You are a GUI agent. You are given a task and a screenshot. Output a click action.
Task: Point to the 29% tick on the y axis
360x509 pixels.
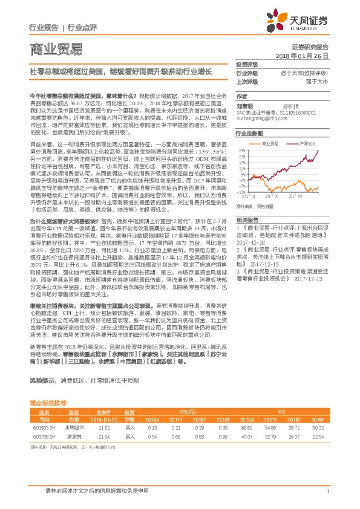point(241,149)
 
